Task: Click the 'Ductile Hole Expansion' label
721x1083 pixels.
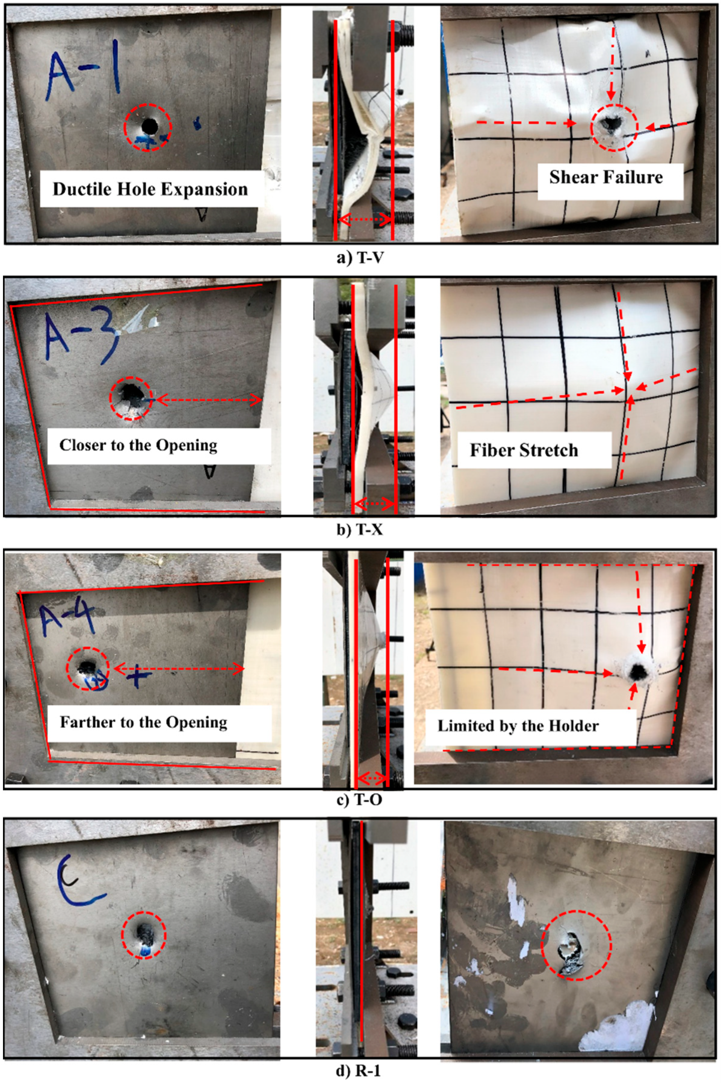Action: coord(150,189)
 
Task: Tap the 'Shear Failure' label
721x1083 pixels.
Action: coord(606,177)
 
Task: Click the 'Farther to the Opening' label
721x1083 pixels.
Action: coord(144,722)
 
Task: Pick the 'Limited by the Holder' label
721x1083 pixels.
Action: coord(518,726)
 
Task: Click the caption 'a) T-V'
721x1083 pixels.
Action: coord(360,258)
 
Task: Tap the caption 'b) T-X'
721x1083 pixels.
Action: coord(360,529)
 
